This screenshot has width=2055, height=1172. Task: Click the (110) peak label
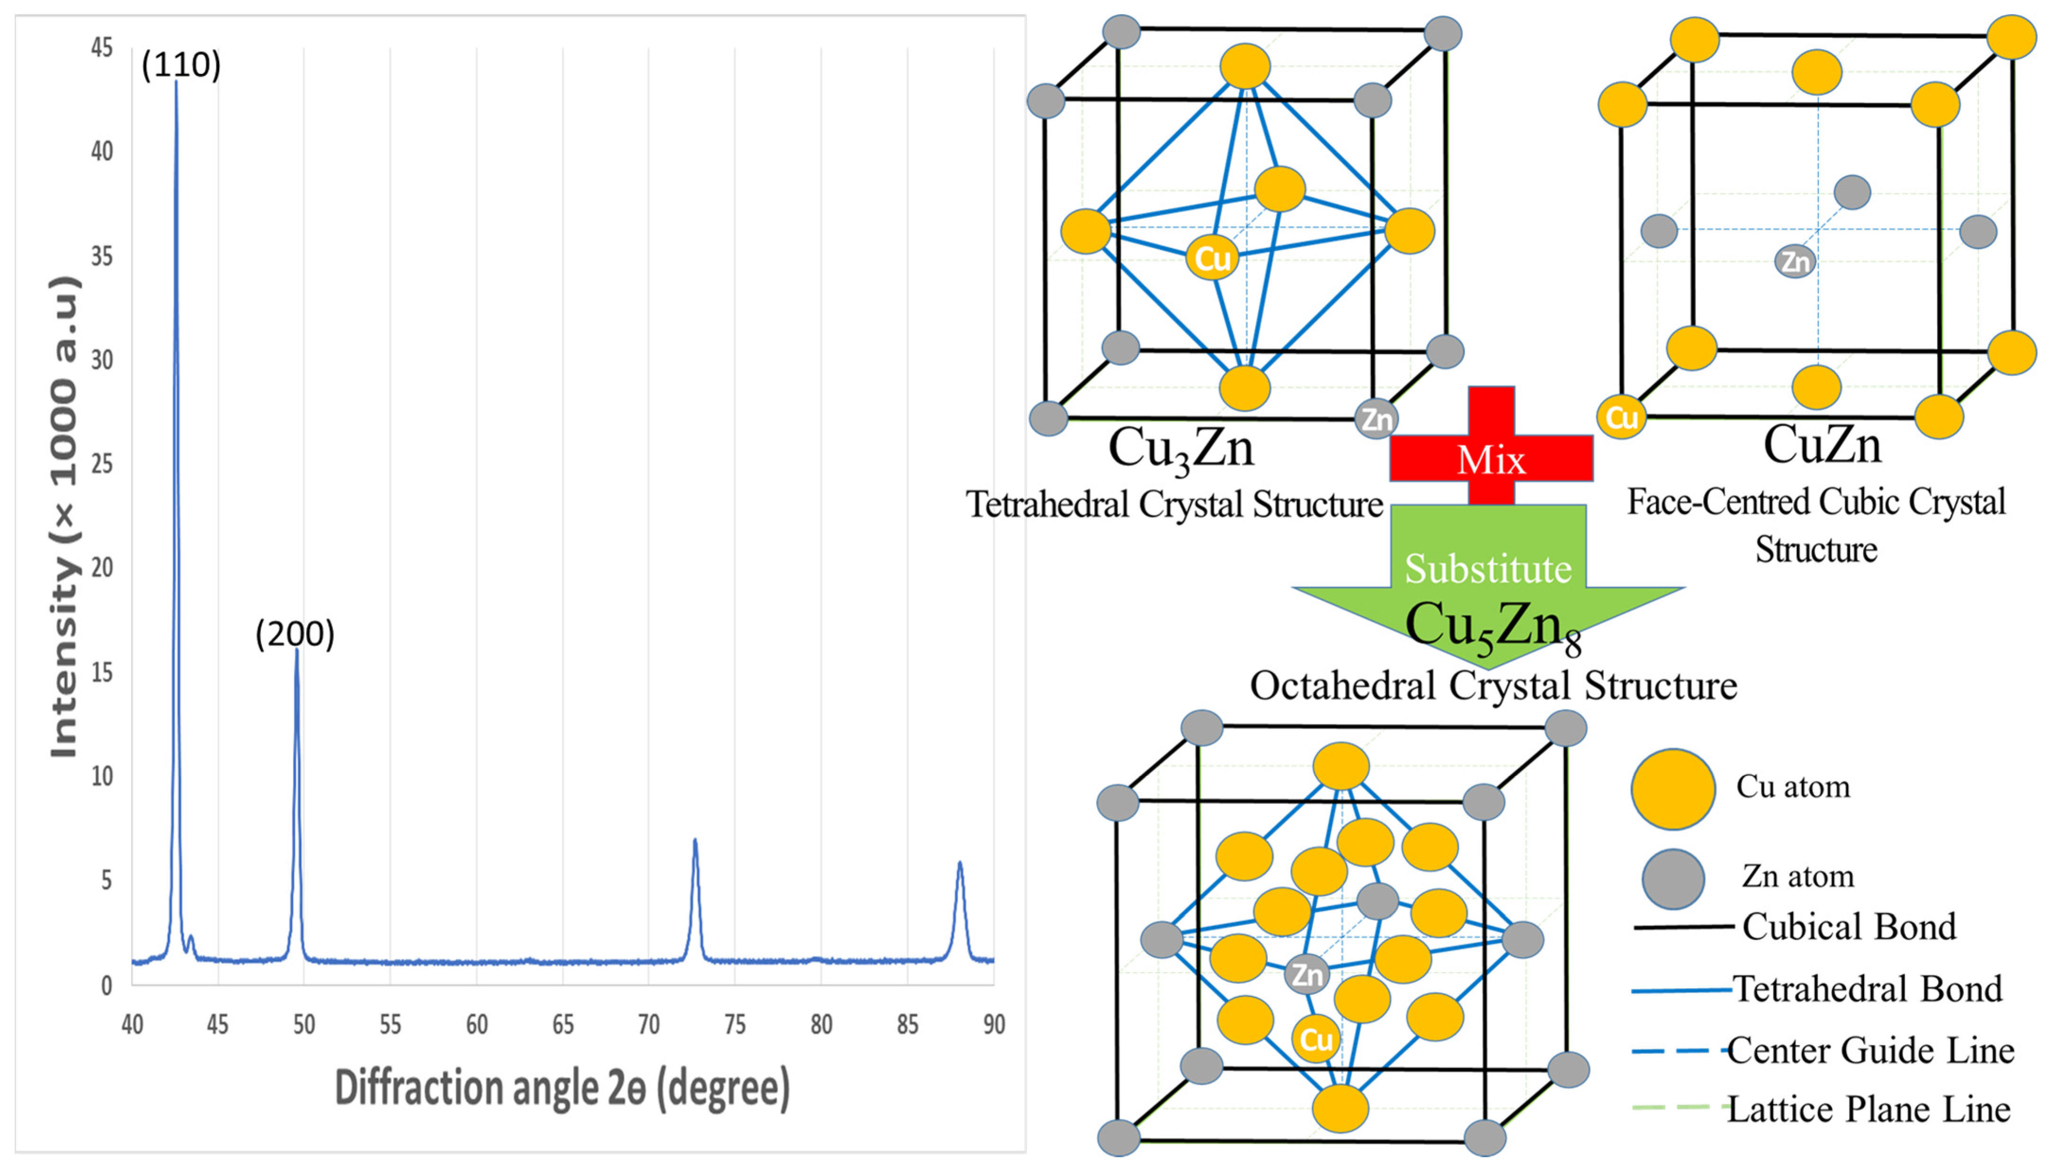coord(180,64)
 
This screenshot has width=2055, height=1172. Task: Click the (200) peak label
coord(294,634)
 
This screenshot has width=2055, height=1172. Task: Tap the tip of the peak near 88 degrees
coord(959,863)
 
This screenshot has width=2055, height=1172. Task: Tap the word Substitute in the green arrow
coord(1488,568)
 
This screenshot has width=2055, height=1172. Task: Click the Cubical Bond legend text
coord(1848,927)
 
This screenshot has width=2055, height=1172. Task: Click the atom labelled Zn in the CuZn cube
coord(1794,261)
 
